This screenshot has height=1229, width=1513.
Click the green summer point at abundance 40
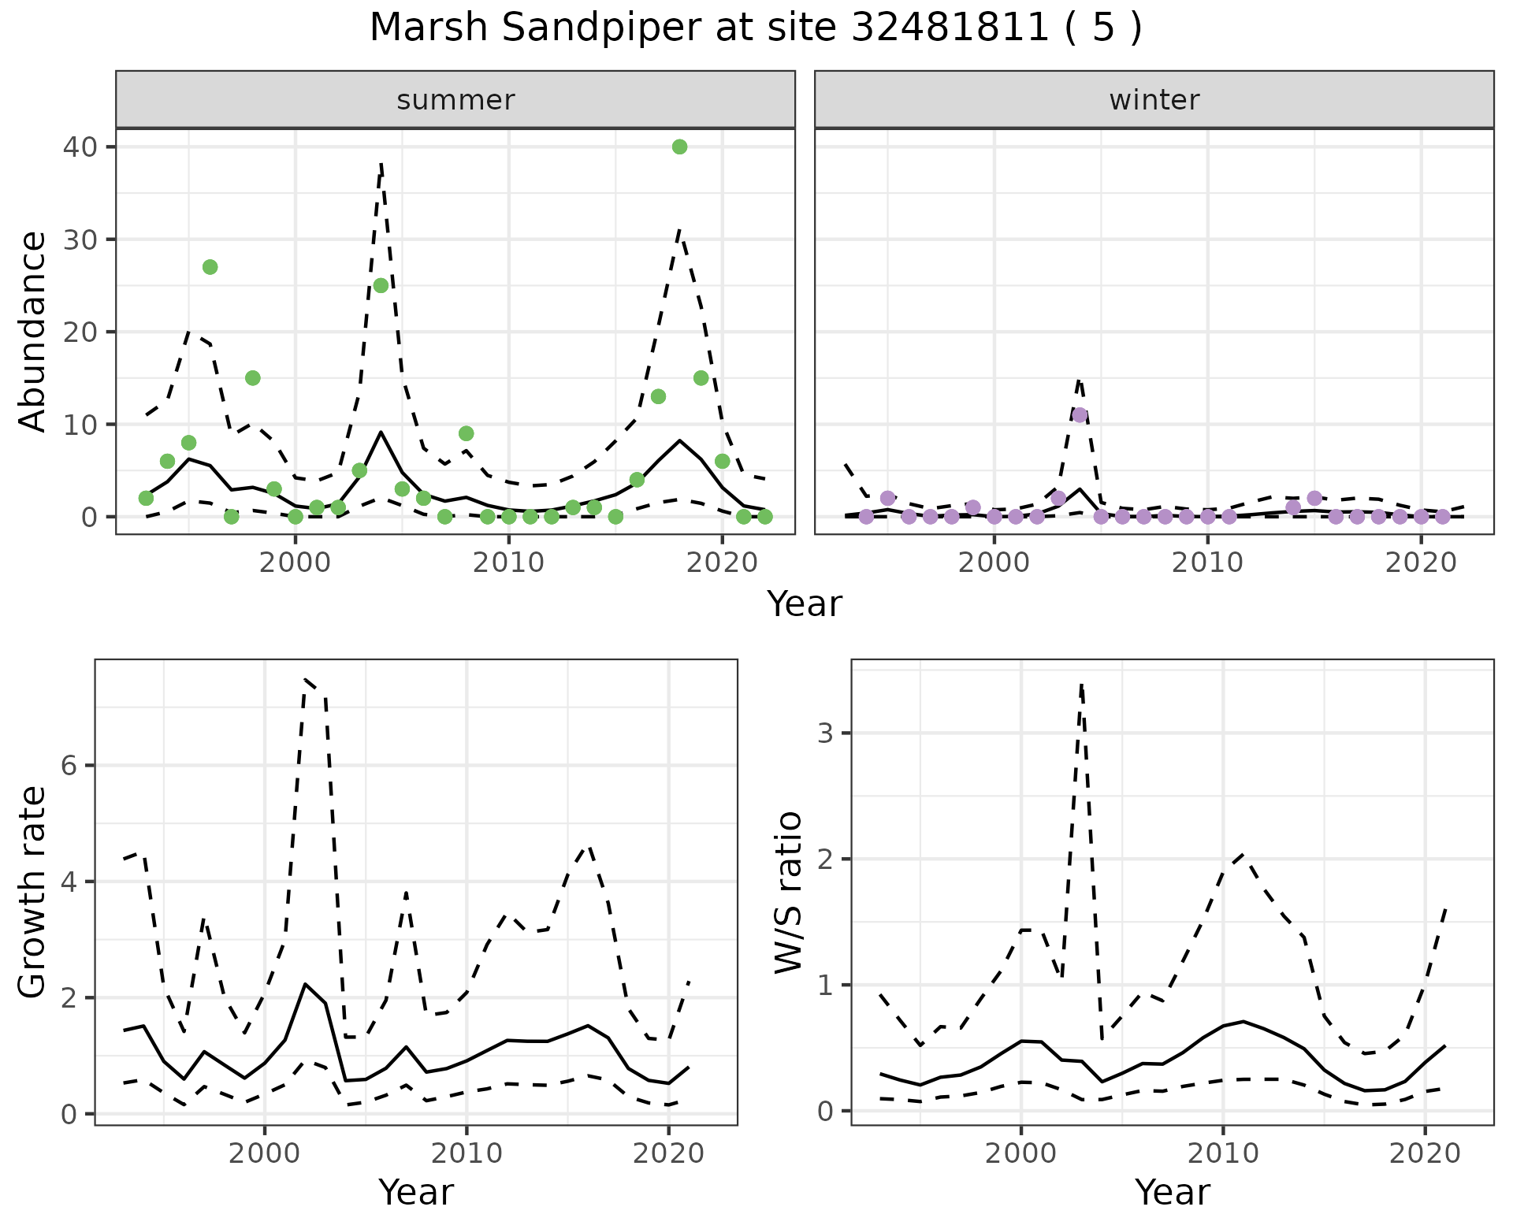pyautogui.click(x=679, y=147)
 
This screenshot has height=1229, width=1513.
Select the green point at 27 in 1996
pyautogui.click(x=210, y=267)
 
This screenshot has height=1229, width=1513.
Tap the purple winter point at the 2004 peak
pyautogui.click(x=1080, y=415)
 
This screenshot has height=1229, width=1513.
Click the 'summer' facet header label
pyautogui.click(x=455, y=100)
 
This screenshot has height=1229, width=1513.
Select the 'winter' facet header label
pyautogui.click(x=1154, y=100)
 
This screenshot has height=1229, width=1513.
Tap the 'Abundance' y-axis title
pyautogui.click(x=33, y=331)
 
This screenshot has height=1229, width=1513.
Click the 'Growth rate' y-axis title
pyautogui.click(x=33, y=892)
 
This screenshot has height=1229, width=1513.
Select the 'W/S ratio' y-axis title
pyautogui.click(x=789, y=892)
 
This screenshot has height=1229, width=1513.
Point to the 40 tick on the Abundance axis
pyautogui.click(x=78, y=147)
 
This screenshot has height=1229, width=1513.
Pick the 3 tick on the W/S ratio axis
pyautogui.click(x=826, y=733)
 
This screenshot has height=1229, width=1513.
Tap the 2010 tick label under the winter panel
pyautogui.click(x=1207, y=563)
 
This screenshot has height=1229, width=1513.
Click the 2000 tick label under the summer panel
pyautogui.click(x=296, y=563)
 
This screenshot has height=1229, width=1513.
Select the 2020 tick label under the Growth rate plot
pyautogui.click(x=668, y=1153)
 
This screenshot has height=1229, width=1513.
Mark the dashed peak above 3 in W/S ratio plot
pyautogui.click(x=1081, y=685)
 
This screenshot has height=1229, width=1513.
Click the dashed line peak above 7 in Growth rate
pyautogui.click(x=305, y=679)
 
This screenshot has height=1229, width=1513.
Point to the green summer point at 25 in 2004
pyautogui.click(x=381, y=285)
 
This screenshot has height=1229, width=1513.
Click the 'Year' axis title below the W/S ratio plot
pyautogui.click(x=1172, y=1193)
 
